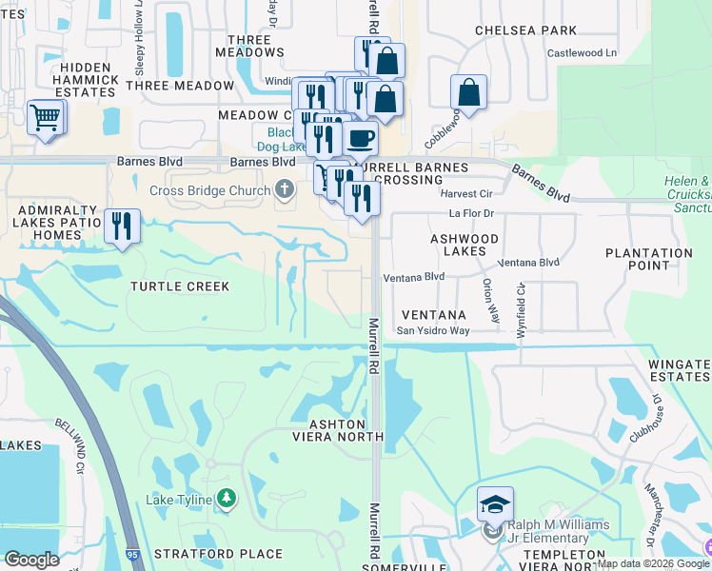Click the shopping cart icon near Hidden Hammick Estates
point(46,118)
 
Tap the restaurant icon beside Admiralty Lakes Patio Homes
point(122,226)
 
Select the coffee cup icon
point(360,139)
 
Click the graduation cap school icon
point(495,504)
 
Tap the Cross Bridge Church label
point(210,190)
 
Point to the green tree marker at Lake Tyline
point(226,498)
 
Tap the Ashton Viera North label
point(347,430)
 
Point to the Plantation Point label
point(649,260)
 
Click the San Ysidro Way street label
point(433,331)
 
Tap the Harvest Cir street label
point(465,193)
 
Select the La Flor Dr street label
point(472,213)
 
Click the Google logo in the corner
point(31,560)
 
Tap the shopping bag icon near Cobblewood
point(468,93)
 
